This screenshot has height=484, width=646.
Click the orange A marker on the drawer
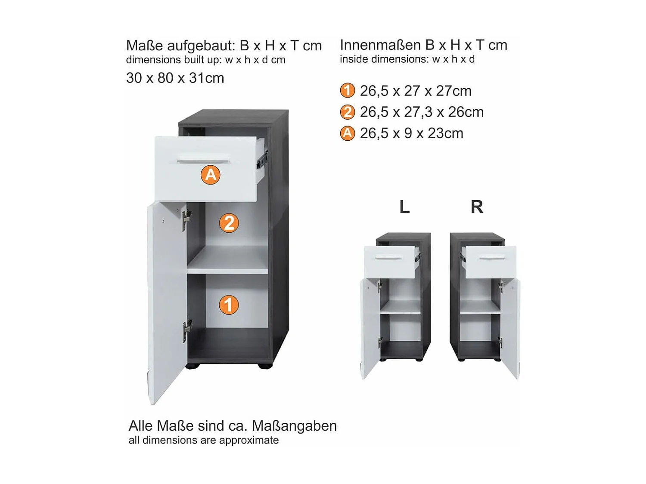click(x=210, y=175)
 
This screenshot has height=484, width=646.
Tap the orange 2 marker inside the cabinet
click(x=229, y=223)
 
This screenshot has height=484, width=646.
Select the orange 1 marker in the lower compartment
click(x=228, y=305)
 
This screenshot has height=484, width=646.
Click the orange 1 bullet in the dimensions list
click(x=347, y=91)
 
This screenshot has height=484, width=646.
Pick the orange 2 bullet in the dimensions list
click(x=347, y=112)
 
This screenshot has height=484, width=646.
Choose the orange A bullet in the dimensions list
click(x=347, y=133)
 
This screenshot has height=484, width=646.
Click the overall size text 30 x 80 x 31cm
click(x=175, y=78)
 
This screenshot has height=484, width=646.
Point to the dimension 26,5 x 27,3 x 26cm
click(x=422, y=112)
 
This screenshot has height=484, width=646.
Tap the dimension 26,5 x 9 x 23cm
click(x=411, y=133)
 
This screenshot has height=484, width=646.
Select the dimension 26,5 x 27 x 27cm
click(x=416, y=91)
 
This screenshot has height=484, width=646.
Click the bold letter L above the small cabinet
click(x=404, y=207)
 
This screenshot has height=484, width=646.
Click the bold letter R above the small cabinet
click(x=477, y=207)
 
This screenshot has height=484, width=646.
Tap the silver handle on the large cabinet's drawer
click(x=203, y=162)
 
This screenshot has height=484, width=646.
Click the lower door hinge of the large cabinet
click(x=187, y=329)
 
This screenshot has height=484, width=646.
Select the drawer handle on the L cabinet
click(x=388, y=258)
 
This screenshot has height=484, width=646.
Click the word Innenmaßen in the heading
click(x=380, y=45)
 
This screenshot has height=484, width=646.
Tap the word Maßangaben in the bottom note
click(x=294, y=426)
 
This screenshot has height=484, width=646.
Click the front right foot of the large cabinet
click(x=265, y=366)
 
